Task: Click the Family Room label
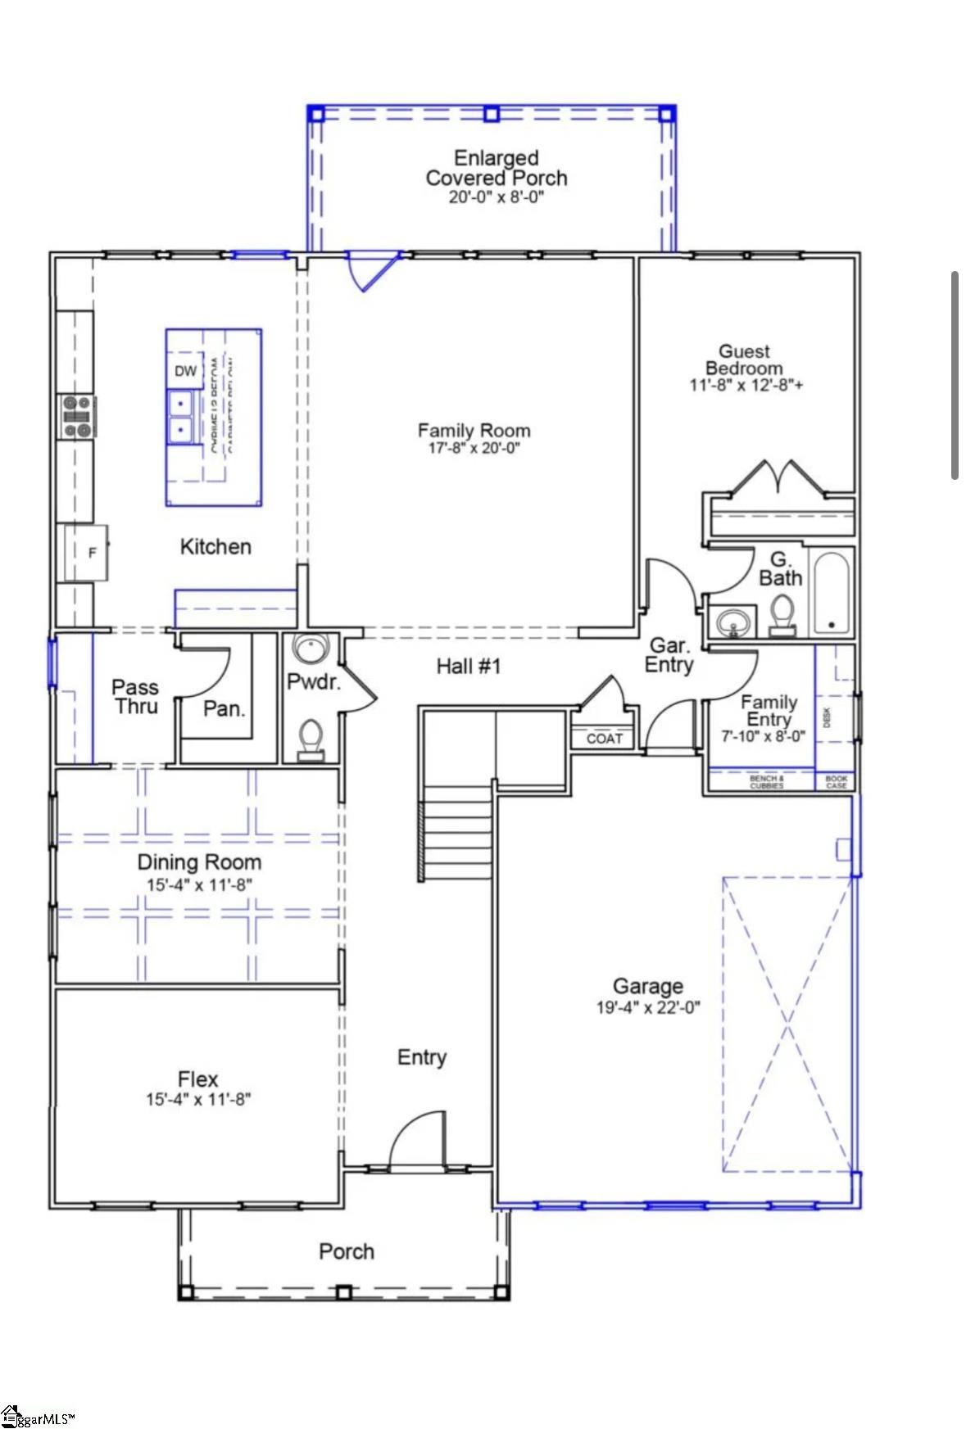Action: [474, 431]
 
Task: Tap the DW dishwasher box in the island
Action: [185, 371]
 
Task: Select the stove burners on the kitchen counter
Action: [76, 417]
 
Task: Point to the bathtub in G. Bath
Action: [831, 593]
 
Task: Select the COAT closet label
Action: [604, 739]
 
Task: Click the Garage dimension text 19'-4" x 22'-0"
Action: [647, 1008]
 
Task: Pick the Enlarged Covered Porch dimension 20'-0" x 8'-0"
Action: [496, 198]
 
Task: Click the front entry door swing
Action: [415, 1142]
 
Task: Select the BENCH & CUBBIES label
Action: [766, 782]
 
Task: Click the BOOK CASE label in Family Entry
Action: [836, 782]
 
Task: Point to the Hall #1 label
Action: [468, 667]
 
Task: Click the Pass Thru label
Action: [135, 697]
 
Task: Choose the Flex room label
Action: [197, 1079]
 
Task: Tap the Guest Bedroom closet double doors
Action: [774, 478]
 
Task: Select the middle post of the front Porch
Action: [344, 1292]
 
